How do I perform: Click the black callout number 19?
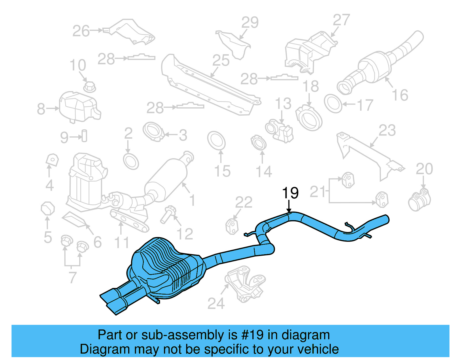[290, 193]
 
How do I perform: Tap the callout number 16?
[400, 95]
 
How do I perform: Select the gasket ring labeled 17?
[333, 103]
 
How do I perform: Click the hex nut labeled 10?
[89, 86]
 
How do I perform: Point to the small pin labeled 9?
[84, 136]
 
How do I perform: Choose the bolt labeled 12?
[167, 215]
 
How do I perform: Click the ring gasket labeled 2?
[131, 162]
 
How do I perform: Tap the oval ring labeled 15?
[216, 141]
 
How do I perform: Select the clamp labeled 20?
[420, 200]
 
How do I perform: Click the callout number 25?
[221, 61]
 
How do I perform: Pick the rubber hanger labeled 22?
[232, 226]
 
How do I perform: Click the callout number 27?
[341, 20]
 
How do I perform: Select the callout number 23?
[387, 131]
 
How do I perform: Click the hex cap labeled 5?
[48, 209]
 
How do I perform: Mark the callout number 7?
[72, 278]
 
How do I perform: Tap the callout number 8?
[41, 109]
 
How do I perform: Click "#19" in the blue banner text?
[252, 335]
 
